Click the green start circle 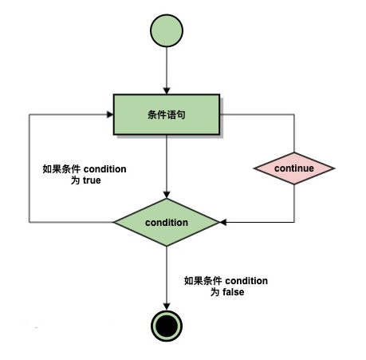(x=167, y=30)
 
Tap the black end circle (x=167, y=326)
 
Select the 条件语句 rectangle (x=167, y=114)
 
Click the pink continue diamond (x=294, y=168)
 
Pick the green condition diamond (x=167, y=222)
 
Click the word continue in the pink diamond (x=294, y=168)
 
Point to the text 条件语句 (x=167, y=115)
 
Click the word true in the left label (x=92, y=180)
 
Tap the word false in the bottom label (x=234, y=292)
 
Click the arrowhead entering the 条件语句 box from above (x=167, y=91)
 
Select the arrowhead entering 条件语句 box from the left (x=110, y=114)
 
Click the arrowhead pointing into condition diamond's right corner (x=223, y=222)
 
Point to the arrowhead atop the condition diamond (x=167, y=195)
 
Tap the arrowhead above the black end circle (x=167, y=307)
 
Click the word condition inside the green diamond (x=167, y=223)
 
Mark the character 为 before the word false (x=215, y=292)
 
